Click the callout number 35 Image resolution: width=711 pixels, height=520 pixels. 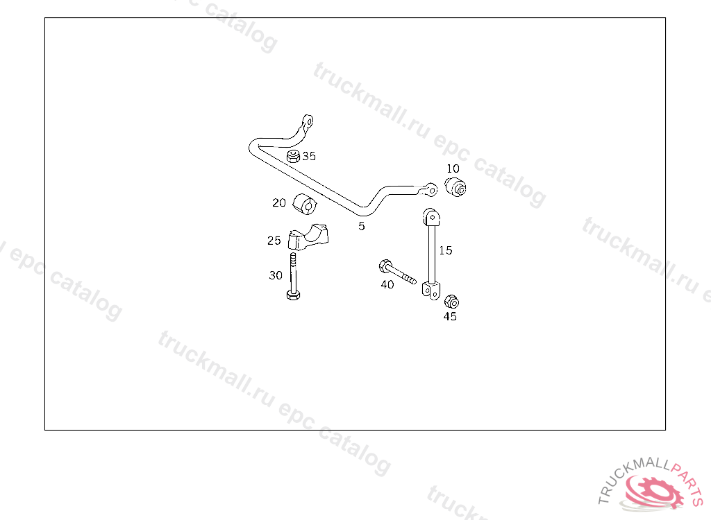[309, 156]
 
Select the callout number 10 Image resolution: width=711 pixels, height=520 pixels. [453, 168]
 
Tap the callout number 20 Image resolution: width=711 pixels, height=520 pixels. [279, 203]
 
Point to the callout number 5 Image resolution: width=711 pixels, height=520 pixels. [362, 226]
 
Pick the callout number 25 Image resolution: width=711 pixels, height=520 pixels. [274, 241]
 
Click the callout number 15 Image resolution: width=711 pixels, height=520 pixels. [446, 250]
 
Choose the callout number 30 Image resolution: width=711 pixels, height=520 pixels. [276, 275]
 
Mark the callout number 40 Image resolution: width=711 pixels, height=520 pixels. [387, 284]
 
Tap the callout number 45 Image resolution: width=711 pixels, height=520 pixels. [450, 317]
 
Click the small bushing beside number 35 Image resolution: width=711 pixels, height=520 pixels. [294, 157]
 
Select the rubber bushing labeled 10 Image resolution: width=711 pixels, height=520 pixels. [455, 186]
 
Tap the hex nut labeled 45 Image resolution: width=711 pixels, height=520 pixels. [451, 302]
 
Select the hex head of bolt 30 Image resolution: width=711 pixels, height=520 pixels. [293, 296]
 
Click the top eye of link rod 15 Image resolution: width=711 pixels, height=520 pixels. [430, 217]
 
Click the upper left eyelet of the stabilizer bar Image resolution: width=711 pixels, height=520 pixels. [307, 121]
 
